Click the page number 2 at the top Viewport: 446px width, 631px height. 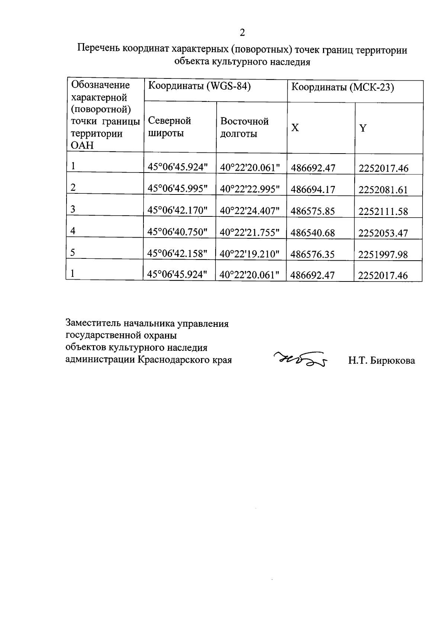[x=242, y=33]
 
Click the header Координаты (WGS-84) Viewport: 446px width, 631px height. [x=199, y=86]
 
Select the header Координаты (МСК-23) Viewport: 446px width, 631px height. [x=342, y=87]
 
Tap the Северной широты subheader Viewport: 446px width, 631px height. [x=169, y=127]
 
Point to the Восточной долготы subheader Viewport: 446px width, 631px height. [x=244, y=127]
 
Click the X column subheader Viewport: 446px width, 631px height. [x=295, y=128]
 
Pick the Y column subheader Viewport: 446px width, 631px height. [x=363, y=128]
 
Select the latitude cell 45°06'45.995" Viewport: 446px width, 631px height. [x=177, y=189]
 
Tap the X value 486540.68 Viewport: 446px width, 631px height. [x=313, y=233]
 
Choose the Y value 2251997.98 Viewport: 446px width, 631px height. [x=383, y=254]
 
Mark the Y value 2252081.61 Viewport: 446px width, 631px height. [x=383, y=190]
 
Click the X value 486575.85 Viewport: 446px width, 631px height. [x=313, y=211]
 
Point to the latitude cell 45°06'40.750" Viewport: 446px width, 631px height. [x=177, y=232]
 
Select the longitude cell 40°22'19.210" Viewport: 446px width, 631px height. [x=249, y=254]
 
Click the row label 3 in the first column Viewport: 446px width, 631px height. [x=73, y=209]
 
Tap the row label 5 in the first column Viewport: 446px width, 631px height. [x=73, y=253]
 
